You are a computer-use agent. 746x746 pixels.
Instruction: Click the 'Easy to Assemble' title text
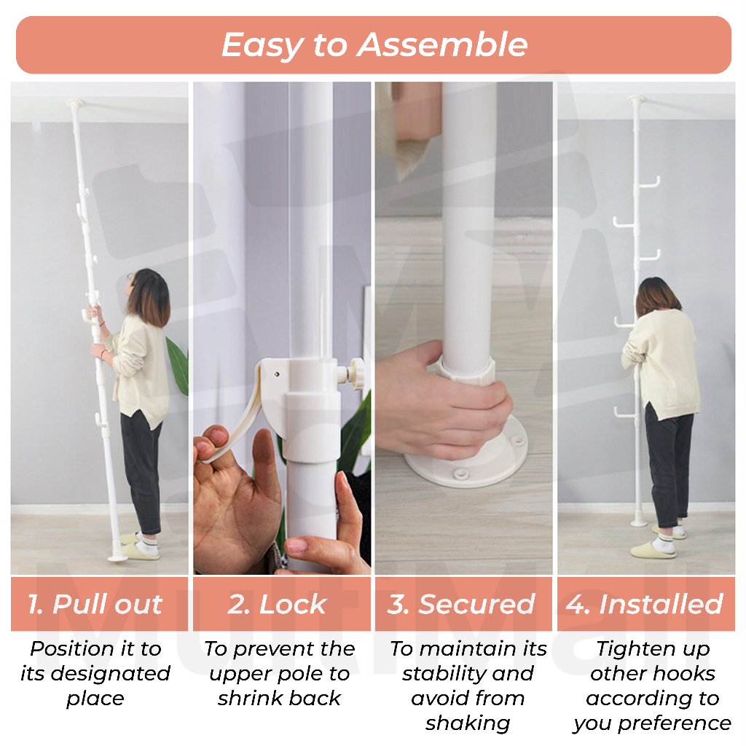(x=374, y=45)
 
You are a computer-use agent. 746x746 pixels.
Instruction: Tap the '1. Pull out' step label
(x=95, y=605)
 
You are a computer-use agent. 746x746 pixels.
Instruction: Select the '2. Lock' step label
(x=278, y=605)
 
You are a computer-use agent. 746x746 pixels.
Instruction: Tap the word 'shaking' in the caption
(x=468, y=723)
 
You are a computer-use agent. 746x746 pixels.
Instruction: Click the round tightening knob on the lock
(x=357, y=374)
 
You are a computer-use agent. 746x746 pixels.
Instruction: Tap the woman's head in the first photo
(x=150, y=294)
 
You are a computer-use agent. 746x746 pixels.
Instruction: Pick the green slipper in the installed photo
(x=652, y=549)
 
